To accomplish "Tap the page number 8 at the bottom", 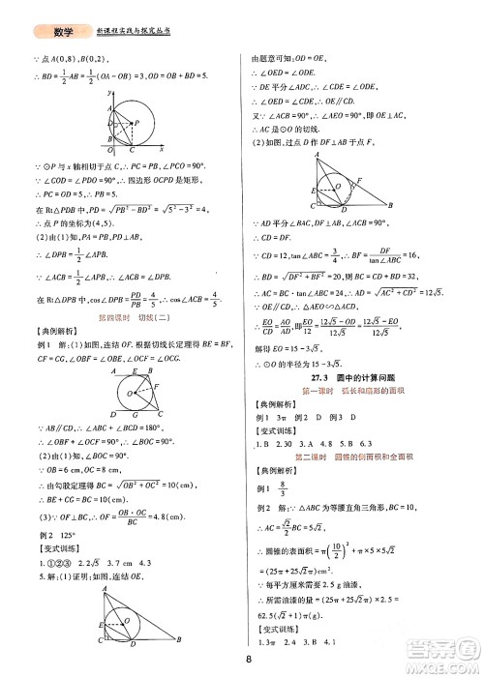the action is (250, 661).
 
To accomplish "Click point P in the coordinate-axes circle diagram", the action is (136, 122).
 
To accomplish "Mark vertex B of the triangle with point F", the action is (389, 206).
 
